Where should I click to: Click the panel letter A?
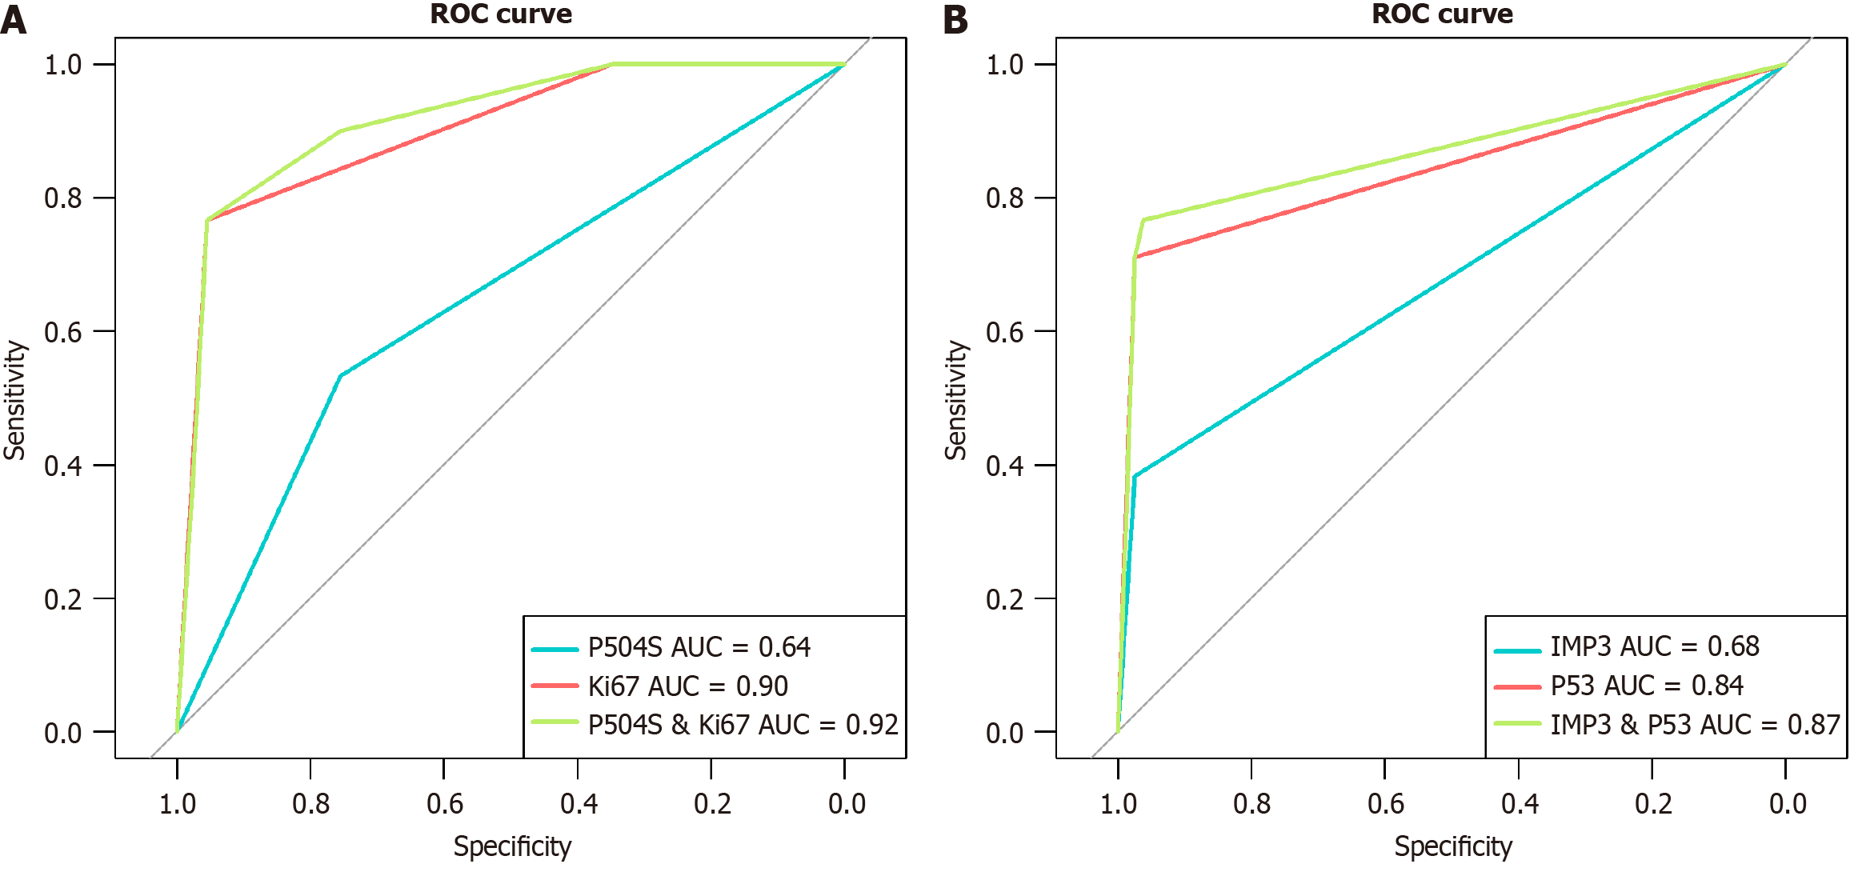pyautogui.click(x=14, y=19)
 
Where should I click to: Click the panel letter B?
pyautogui.click(x=955, y=19)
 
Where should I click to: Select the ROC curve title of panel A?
pyautogui.click(x=501, y=14)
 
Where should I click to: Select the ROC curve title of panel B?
pyautogui.click(x=1442, y=14)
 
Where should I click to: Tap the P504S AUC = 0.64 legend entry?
pyautogui.click(x=699, y=647)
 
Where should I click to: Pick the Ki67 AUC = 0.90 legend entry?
pyautogui.click(x=687, y=686)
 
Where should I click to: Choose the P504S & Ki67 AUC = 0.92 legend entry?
pyautogui.click(x=743, y=725)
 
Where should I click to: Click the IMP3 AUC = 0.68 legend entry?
pyautogui.click(x=1654, y=646)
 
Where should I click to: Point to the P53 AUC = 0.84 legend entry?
pyautogui.click(x=1646, y=686)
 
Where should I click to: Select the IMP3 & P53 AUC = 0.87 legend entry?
pyautogui.click(x=1695, y=725)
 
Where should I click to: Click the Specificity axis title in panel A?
pyautogui.click(x=512, y=846)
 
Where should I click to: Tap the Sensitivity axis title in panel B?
pyautogui.click(x=956, y=400)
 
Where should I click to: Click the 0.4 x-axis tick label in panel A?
pyautogui.click(x=579, y=803)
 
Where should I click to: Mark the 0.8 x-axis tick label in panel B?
pyautogui.click(x=1252, y=803)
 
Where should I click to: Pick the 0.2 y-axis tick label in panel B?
pyautogui.click(x=1005, y=599)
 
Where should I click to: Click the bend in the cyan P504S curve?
pyautogui.click(x=341, y=375)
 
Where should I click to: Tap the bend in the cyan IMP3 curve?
pyautogui.click(x=1135, y=476)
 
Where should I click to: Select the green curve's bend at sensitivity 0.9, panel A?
pyautogui.click(x=341, y=131)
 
